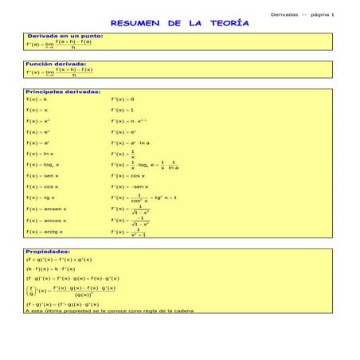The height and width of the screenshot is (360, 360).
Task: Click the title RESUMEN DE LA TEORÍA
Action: [179, 25]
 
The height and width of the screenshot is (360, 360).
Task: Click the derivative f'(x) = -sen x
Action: [131, 185]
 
